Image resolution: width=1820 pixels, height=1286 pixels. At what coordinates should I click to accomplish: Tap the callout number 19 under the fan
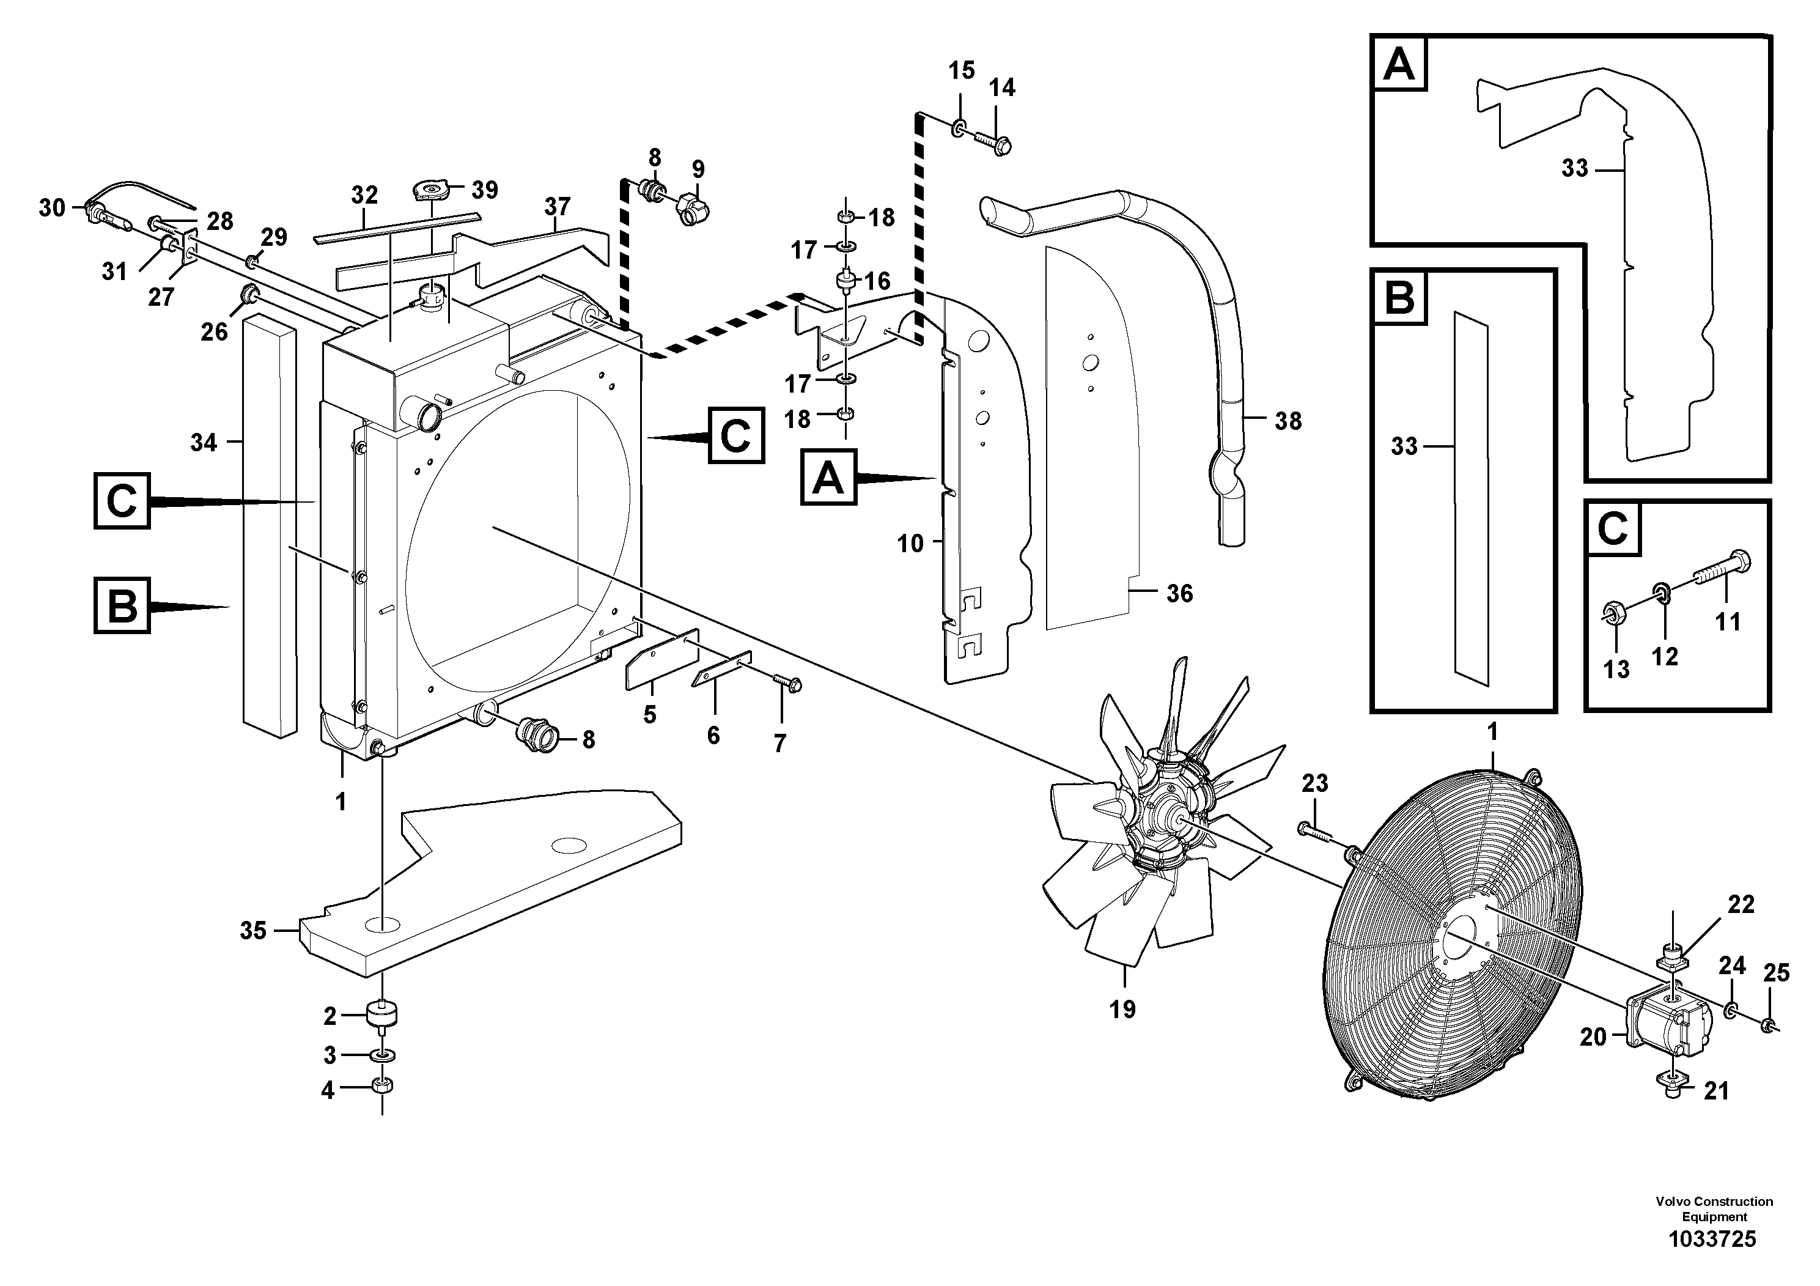(1122, 1010)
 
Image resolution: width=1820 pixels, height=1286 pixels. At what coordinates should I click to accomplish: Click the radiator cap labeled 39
(433, 191)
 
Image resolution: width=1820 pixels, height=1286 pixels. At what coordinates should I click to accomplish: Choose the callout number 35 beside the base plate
(253, 930)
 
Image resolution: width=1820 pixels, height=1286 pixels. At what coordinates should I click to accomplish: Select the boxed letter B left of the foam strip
(122, 606)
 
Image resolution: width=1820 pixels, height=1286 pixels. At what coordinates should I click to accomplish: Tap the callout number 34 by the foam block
(203, 442)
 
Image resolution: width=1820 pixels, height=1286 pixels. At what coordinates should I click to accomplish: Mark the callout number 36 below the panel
(1179, 594)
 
